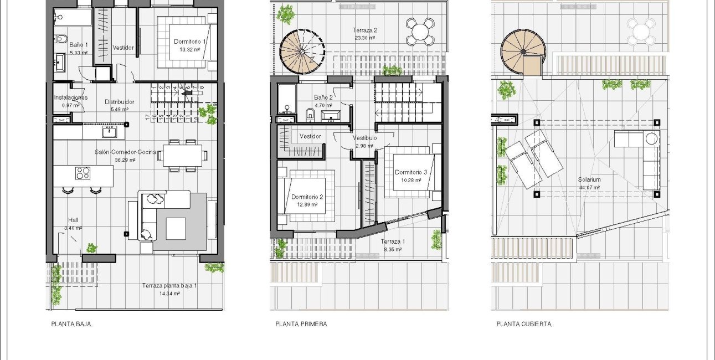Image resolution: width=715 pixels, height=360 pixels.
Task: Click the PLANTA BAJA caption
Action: (x=71, y=324)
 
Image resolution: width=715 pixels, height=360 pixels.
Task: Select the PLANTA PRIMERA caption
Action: (x=301, y=324)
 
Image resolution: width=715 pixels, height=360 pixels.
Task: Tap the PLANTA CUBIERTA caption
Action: (x=523, y=324)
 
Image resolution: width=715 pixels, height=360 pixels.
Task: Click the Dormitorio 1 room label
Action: (x=190, y=42)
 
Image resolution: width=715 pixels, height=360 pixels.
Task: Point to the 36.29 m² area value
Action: (x=125, y=160)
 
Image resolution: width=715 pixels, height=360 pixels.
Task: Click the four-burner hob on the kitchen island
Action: (x=83, y=173)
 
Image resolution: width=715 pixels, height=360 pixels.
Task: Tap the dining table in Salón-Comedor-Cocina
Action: (x=182, y=155)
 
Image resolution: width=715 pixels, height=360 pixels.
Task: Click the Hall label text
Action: (x=73, y=220)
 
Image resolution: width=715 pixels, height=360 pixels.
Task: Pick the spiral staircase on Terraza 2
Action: (x=301, y=52)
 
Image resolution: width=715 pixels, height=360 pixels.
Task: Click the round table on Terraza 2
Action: (x=420, y=31)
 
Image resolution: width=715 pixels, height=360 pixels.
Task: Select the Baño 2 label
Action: (x=323, y=97)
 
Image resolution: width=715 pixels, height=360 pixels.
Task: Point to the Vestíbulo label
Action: (x=364, y=138)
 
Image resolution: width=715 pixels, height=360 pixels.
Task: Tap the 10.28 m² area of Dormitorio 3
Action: (x=411, y=180)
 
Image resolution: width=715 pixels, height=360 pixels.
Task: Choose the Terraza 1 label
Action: (x=393, y=241)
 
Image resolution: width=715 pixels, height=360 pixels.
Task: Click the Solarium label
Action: (x=590, y=180)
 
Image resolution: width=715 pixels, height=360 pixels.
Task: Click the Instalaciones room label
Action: (x=70, y=97)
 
